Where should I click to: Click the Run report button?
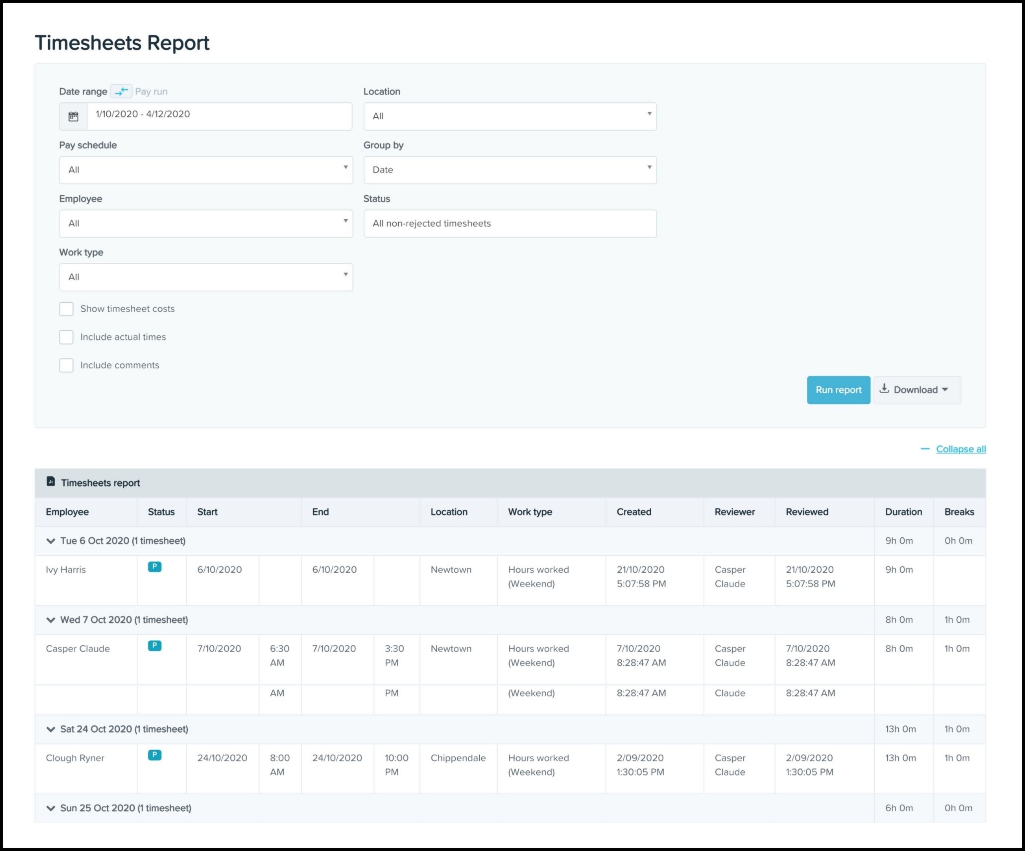pyautogui.click(x=838, y=390)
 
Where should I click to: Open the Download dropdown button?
pyautogui.click(x=917, y=390)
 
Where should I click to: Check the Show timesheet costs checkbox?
pyautogui.click(x=66, y=309)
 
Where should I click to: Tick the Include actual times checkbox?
pyautogui.click(x=66, y=337)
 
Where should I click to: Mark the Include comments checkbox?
pyautogui.click(x=66, y=365)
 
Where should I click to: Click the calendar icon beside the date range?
pyautogui.click(x=74, y=116)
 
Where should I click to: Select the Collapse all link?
pyautogui.click(x=960, y=449)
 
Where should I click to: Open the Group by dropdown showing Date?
pyautogui.click(x=510, y=170)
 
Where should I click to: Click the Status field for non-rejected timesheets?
pyautogui.click(x=510, y=224)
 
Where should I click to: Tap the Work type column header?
pyautogui.click(x=530, y=512)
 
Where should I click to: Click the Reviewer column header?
pyautogui.click(x=734, y=512)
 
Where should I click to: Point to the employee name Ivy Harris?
pyautogui.click(x=66, y=570)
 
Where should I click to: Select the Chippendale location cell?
pyautogui.click(x=458, y=758)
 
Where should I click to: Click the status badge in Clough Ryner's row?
pyautogui.click(x=155, y=755)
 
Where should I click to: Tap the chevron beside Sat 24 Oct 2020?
pyautogui.click(x=51, y=729)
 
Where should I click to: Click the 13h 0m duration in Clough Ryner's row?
pyautogui.click(x=900, y=758)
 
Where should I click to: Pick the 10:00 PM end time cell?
pyautogui.click(x=396, y=765)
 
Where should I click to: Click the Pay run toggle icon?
pyautogui.click(x=121, y=91)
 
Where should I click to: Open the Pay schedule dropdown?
pyautogui.click(x=206, y=170)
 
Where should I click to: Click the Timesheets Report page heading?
pyautogui.click(x=122, y=43)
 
